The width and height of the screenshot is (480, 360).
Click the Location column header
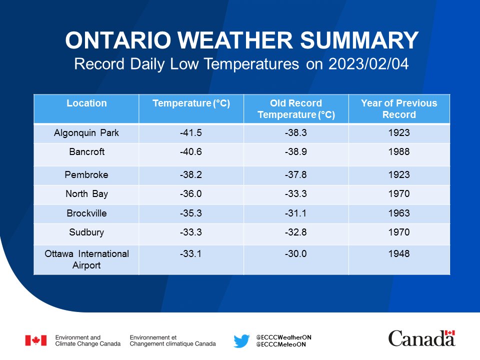[86, 103]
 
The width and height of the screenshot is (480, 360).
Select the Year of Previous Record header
[399, 108]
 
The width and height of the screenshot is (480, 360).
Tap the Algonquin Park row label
[86, 133]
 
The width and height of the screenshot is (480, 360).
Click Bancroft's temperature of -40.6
[190, 151]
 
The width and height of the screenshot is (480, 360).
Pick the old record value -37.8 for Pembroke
[295, 174]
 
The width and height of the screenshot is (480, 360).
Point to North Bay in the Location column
[86, 194]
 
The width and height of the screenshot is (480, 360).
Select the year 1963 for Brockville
[399, 213]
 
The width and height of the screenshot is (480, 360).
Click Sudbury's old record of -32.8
[295, 232]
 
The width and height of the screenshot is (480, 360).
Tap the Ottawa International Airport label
[86, 259]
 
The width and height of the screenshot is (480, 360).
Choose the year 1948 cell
[399, 253]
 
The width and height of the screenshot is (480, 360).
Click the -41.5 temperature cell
[190, 132]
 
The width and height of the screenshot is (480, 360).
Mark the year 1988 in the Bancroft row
[399, 151]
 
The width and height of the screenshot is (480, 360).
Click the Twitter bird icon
[241, 340]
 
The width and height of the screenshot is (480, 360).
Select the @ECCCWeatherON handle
[284, 337]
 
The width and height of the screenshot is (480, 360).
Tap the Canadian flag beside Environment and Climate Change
[36, 340]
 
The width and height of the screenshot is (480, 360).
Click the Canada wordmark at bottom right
[422, 338]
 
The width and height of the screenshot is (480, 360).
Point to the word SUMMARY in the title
[359, 40]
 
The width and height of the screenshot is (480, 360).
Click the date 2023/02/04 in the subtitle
[368, 64]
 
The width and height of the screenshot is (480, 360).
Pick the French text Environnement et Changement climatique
[172, 340]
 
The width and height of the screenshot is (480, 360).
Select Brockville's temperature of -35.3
[190, 213]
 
